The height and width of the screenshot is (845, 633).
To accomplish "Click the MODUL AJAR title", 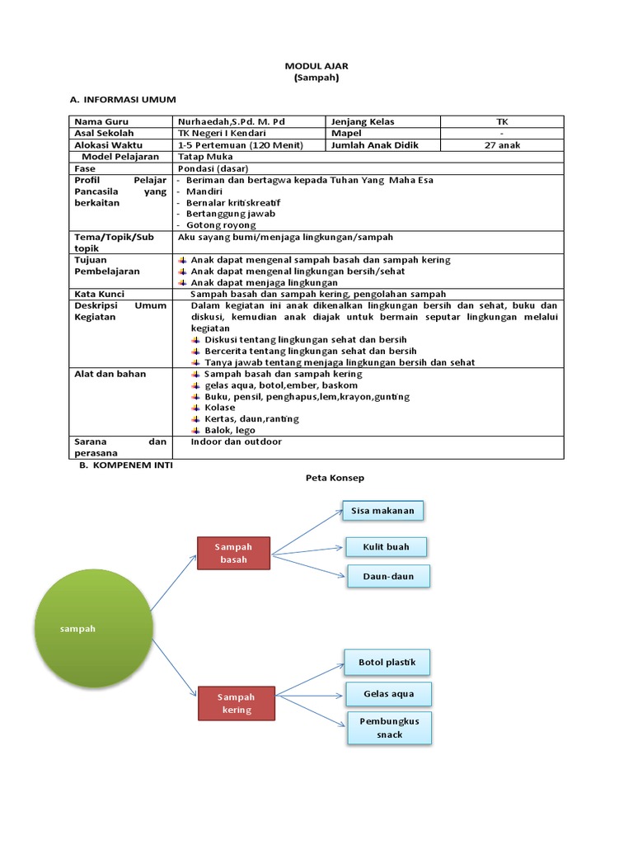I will point(316,65).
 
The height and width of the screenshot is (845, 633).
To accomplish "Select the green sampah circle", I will point(94,629).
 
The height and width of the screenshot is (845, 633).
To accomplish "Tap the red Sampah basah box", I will point(233,553).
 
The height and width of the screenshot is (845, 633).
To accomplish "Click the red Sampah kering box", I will point(237,703).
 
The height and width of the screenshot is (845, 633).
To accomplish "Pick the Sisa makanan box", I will point(382,511).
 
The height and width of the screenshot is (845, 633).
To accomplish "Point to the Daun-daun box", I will point(388,576).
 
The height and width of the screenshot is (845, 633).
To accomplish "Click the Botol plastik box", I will point(387,662).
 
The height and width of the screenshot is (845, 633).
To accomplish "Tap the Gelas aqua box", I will point(388,694).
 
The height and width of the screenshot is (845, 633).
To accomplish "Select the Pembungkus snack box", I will point(389,727).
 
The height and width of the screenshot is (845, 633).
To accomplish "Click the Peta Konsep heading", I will point(335,478).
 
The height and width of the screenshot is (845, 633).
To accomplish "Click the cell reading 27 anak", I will point(502,145).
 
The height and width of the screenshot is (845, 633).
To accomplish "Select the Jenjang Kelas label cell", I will point(363,121).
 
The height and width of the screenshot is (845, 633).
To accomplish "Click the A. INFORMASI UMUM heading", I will point(124,99).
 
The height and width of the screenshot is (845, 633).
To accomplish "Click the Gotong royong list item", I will point(221,224).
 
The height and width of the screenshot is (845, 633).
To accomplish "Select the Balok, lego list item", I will point(229,430).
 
